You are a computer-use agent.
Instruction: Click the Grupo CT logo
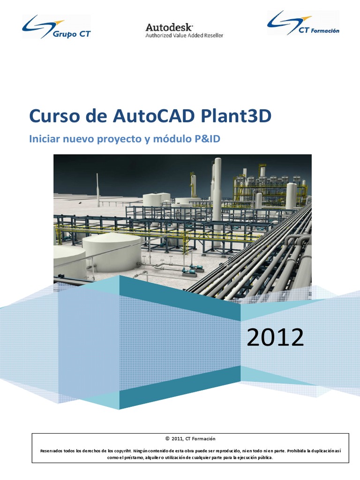pyautogui.click(x=56, y=27)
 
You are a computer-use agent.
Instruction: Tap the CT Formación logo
pyautogui.click(x=303, y=23)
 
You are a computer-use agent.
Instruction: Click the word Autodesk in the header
pyautogui.click(x=169, y=27)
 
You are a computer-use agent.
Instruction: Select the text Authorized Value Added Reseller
pyautogui.click(x=184, y=36)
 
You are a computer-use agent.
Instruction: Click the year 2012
pyautogui.click(x=275, y=337)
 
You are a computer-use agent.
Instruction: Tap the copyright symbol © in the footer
pyautogui.click(x=167, y=439)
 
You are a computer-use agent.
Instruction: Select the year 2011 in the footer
pyautogui.click(x=177, y=439)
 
